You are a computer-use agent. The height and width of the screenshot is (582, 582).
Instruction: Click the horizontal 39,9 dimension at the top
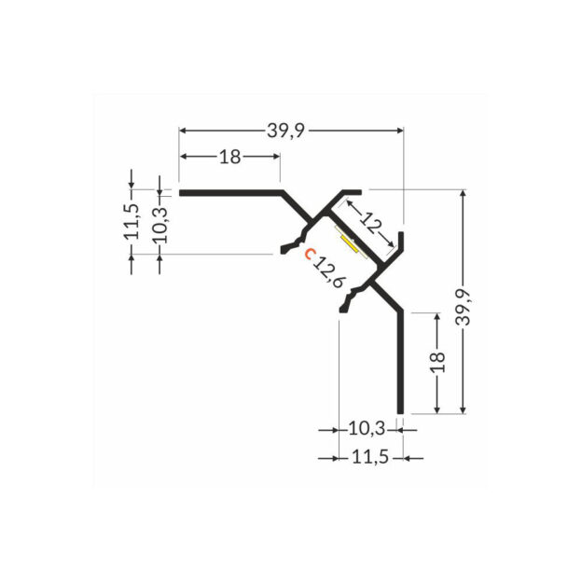click(x=286, y=131)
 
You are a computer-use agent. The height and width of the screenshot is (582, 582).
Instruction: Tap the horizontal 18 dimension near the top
click(x=229, y=157)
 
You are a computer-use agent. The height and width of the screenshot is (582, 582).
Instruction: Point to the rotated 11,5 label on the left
click(x=132, y=221)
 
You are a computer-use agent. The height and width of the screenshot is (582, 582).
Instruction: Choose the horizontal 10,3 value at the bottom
click(x=367, y=429)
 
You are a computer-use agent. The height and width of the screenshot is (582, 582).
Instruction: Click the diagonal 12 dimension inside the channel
click(x=371, y=225)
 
